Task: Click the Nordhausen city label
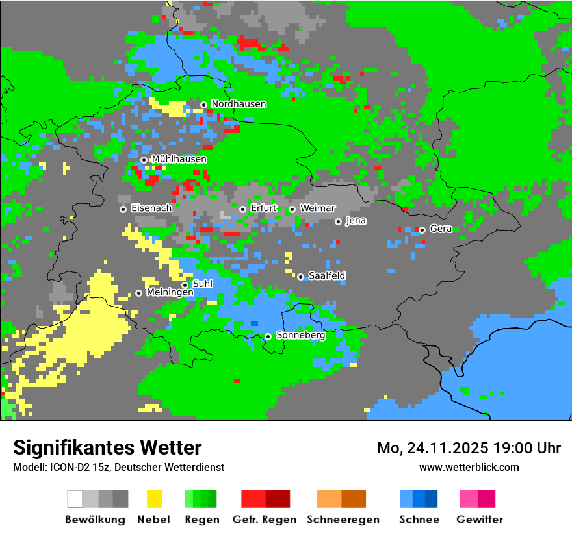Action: [239, 104]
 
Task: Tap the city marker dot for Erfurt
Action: [242, 209]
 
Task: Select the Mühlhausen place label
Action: [179, 159]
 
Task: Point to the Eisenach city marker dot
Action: [123, 209]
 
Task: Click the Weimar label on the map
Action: [317, 208]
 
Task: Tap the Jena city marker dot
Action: [338, 221]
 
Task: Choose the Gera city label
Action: [441, 229]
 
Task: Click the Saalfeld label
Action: [326, 276]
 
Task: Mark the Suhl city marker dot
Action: [185, 285]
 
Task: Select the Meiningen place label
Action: [170, 293]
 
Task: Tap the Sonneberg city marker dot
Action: [268, 336]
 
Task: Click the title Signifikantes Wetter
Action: [107, 447]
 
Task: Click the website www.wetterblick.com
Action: [469, 467]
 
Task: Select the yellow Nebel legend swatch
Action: [154, 499]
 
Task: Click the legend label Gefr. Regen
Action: [265, 520]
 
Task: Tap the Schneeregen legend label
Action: [343, 520]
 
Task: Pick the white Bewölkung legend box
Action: [75, 499]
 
